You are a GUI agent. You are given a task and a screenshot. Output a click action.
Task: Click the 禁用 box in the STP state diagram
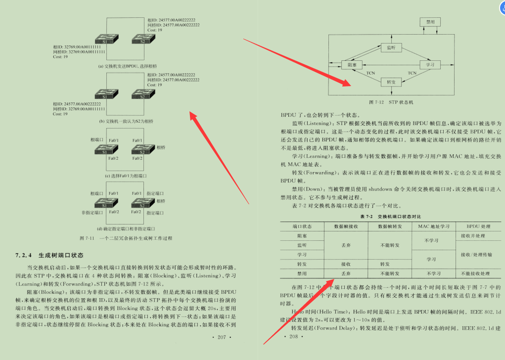(430, 22)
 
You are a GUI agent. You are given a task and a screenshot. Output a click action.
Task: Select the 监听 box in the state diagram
(391, 47)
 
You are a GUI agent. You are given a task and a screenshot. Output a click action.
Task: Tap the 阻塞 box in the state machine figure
(352, 65)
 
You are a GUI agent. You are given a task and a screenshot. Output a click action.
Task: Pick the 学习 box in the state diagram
(430, 65)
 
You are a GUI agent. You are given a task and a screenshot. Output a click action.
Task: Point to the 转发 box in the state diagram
(391, 82)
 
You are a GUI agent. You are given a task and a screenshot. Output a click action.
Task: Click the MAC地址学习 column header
(433, 226)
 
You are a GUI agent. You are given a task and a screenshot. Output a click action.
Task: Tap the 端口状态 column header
(302, 226)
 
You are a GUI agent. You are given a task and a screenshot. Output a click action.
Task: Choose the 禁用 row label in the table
(302, 273)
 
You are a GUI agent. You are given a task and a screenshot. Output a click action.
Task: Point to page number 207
(218, 337)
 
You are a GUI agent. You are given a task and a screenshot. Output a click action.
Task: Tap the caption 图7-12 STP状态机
(390, 102)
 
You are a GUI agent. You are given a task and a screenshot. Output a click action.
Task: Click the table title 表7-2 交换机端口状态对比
(390, 217)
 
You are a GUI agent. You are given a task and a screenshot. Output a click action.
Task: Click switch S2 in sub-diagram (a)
(142, 39)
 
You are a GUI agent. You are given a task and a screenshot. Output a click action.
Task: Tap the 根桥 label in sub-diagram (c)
(161, 147)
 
